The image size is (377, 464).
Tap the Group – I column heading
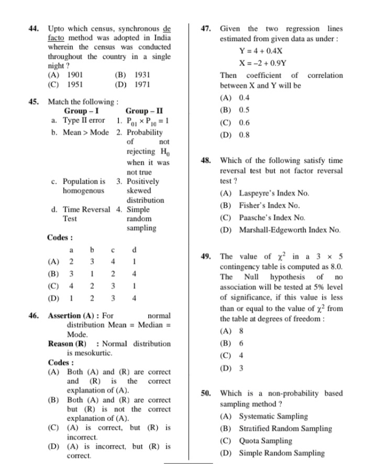point(81,111)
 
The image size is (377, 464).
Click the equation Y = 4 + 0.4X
point(261,52)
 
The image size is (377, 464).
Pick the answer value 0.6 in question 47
point(244,123)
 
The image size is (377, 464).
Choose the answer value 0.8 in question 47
point(244,135)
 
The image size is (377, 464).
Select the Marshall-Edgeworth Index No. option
point(290,230)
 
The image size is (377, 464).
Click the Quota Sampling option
point(265,441)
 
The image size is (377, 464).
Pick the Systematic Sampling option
point(273,417)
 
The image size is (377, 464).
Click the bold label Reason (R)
point(67,344)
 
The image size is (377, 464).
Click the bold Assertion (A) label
point(73,316)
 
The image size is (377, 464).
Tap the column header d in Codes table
point(135,250)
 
